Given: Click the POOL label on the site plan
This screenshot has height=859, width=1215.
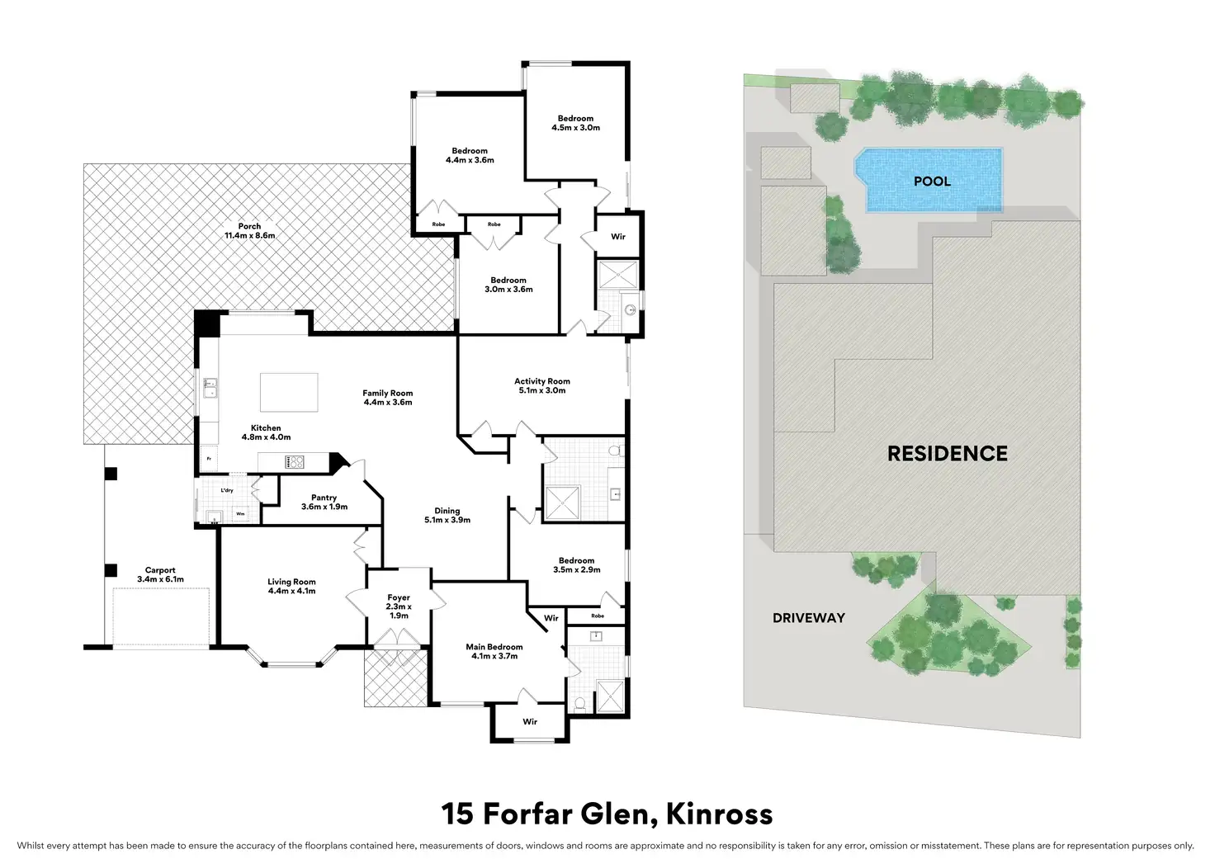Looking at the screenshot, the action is (x=932, y=182).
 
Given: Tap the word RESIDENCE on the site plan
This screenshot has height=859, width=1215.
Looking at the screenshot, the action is (x=947, y=454).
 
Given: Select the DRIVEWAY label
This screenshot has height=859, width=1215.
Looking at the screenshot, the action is (x=808, y=618).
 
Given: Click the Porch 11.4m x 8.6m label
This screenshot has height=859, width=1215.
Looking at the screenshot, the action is (x=249, y=231).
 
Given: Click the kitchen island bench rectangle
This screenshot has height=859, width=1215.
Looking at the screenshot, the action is (x=289, y=392).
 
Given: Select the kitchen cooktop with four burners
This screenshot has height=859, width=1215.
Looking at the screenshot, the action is (x=295, y=462).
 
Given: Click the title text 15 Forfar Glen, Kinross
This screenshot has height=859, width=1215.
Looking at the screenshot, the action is (x=607, y=814).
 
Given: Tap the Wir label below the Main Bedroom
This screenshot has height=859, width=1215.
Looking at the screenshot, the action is (x=530, y=722).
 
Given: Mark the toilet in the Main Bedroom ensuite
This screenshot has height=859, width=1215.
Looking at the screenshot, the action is (x=579, y=704).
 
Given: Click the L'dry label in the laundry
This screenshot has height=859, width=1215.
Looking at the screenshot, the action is (x=227, y=490).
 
